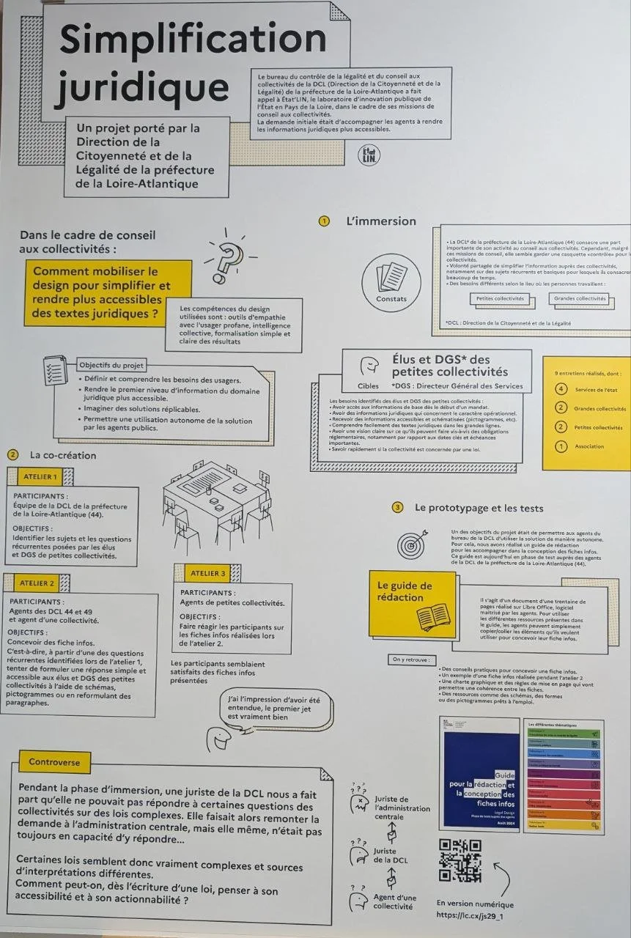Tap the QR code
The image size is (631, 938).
tap(460, 860)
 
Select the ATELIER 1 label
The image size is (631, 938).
tap(40, 477)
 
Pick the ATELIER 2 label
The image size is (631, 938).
tap(37, 583)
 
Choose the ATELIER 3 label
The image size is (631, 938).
tap(208, 573)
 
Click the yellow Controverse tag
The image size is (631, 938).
tap(54, 762)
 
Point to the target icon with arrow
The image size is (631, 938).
tap(411, 544)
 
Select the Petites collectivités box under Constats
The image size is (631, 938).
tap(501, 298)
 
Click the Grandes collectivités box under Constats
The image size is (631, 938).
tap(580, 298)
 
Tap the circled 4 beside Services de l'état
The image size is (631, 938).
tap(561, 389)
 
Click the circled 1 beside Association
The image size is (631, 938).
tap(561, 446)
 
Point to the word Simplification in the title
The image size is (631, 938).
tap(193, 39)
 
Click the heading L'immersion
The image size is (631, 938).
tap(380, 221)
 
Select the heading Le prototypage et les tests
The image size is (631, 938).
tap(479, 507)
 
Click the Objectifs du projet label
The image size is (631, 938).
tap(111, 365)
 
